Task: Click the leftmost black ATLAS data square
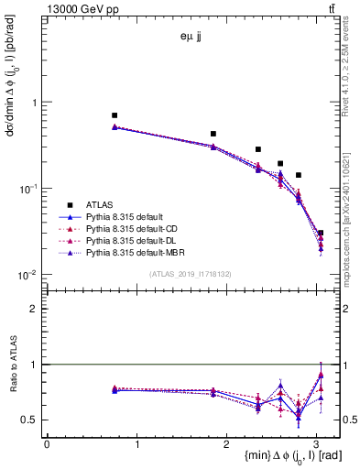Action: (115, 115)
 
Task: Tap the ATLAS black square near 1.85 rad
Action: (213, 134)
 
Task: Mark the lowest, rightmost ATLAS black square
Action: (321, 233)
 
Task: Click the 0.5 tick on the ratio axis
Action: (33, 420)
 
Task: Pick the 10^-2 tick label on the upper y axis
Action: (29, 275)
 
